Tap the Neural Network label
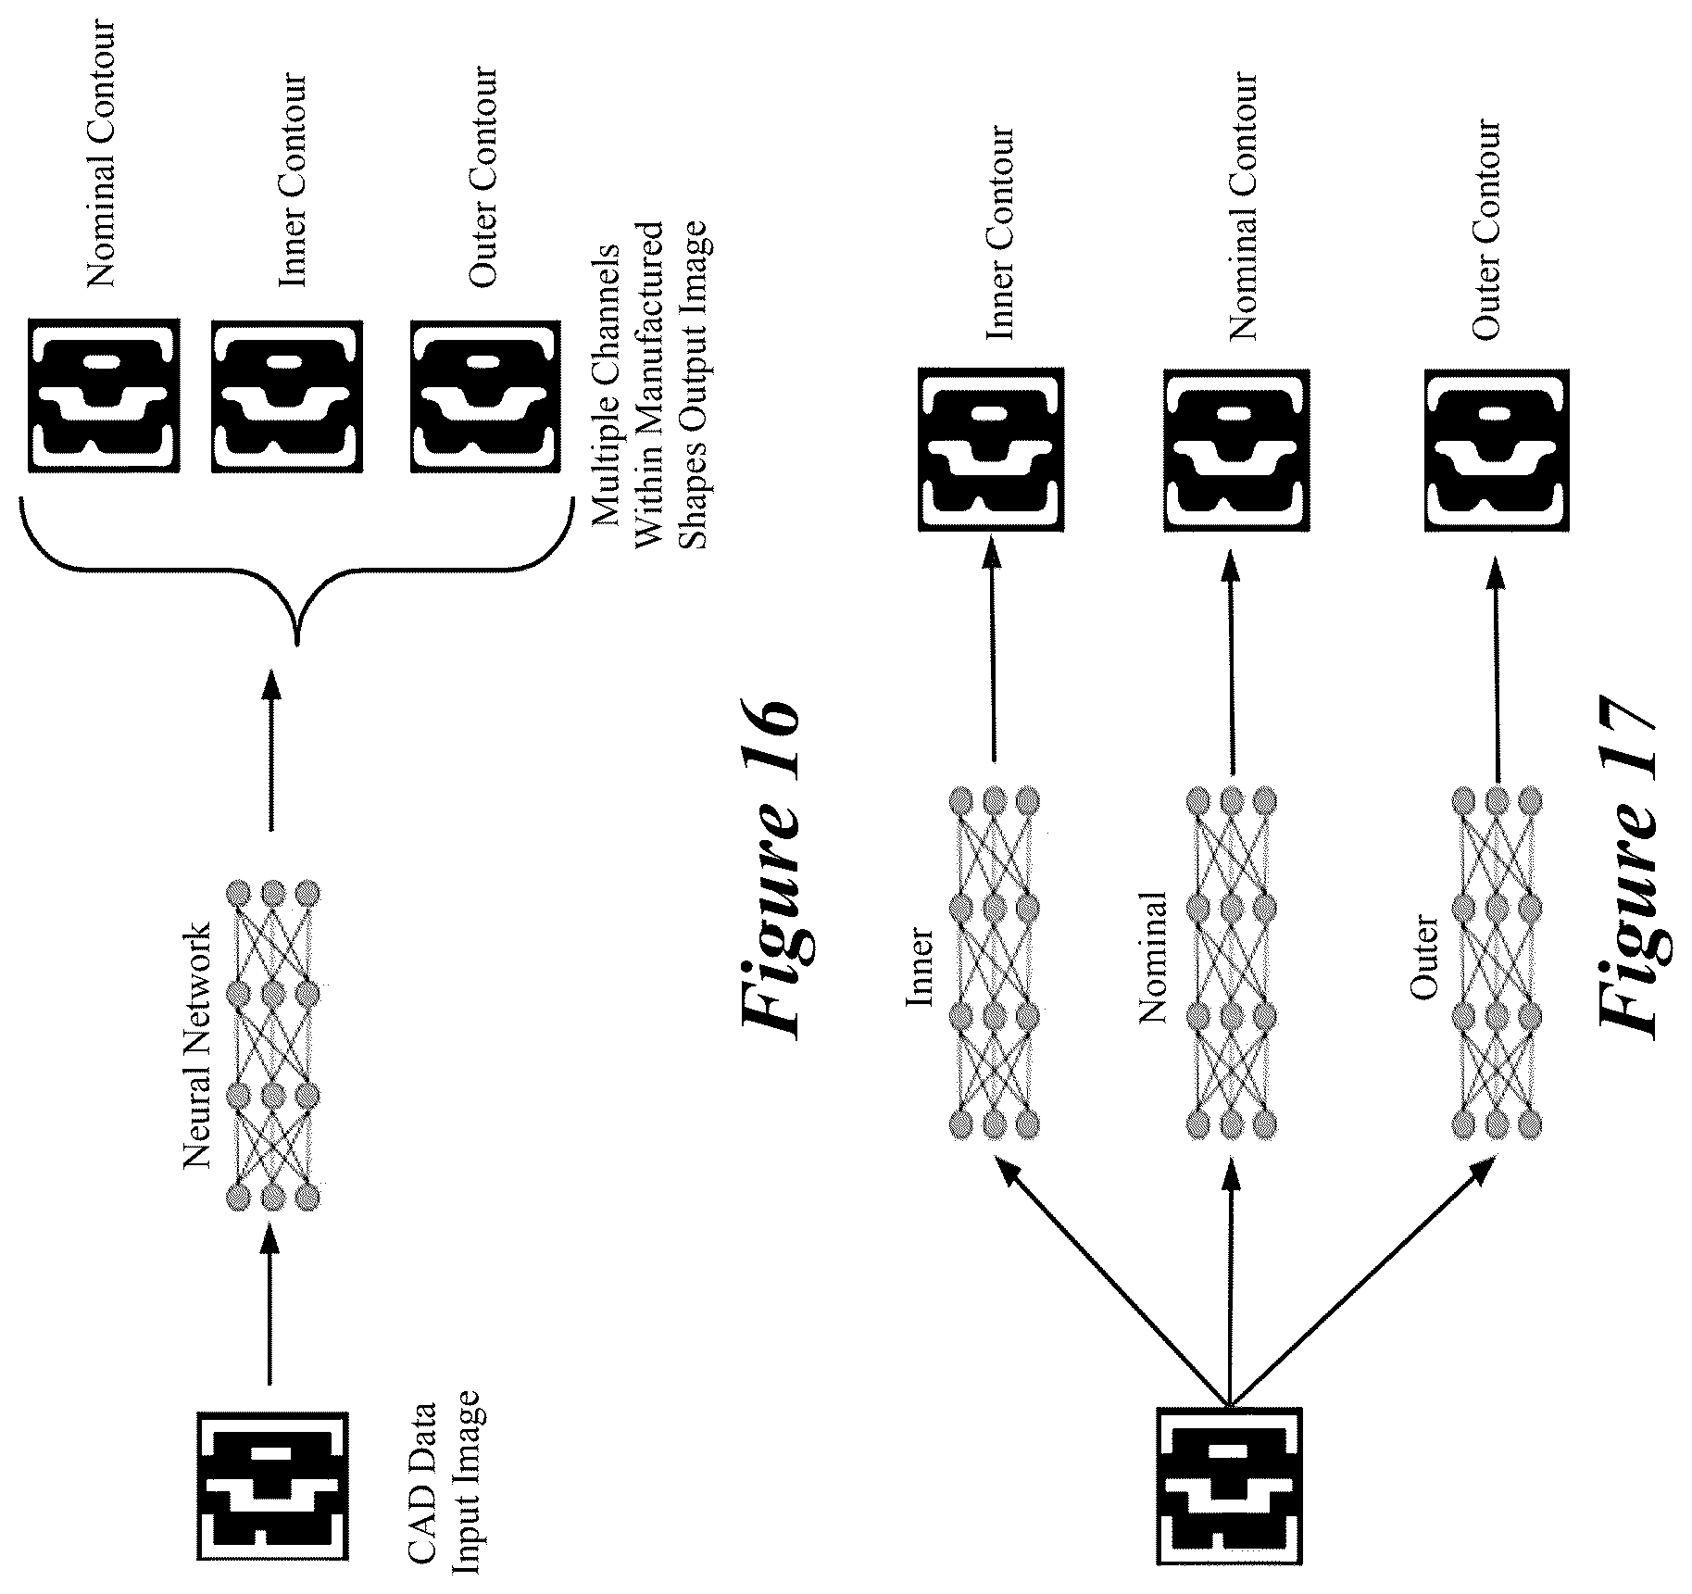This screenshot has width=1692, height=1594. (197, 1044)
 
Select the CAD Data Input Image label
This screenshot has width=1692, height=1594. (447, 1481)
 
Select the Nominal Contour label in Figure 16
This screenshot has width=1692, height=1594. (100, 153)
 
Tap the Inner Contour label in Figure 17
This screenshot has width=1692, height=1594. (999, 232)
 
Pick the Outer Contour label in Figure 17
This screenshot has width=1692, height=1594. (1485, 229)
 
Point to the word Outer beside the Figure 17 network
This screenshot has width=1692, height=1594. (1424, 958)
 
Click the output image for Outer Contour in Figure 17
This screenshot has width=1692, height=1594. (1497, 451)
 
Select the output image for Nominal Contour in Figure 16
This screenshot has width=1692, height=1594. (103, 395)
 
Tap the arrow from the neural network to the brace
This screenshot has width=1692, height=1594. (270, 751)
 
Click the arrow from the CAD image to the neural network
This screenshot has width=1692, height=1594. (270, 1305)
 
